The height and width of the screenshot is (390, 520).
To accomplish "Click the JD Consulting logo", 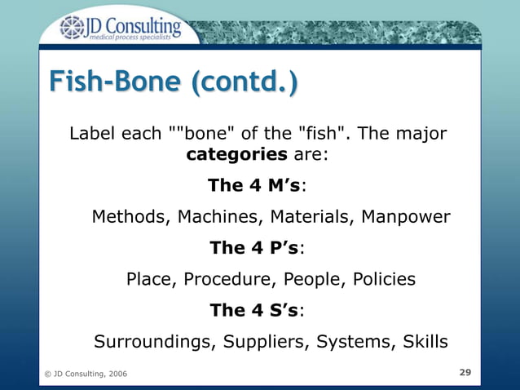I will click(x=118, y=28).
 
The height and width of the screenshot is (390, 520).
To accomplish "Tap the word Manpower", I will click(x=405, y=217).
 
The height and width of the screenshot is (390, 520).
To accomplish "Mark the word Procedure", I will click(x=230, y=280).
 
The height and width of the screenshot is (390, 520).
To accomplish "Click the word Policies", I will click(x=384, y=280).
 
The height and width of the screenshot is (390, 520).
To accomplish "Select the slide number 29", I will click(x=465, y=372).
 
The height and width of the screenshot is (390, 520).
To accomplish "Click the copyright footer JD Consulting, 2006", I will click(x=86, y=374).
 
